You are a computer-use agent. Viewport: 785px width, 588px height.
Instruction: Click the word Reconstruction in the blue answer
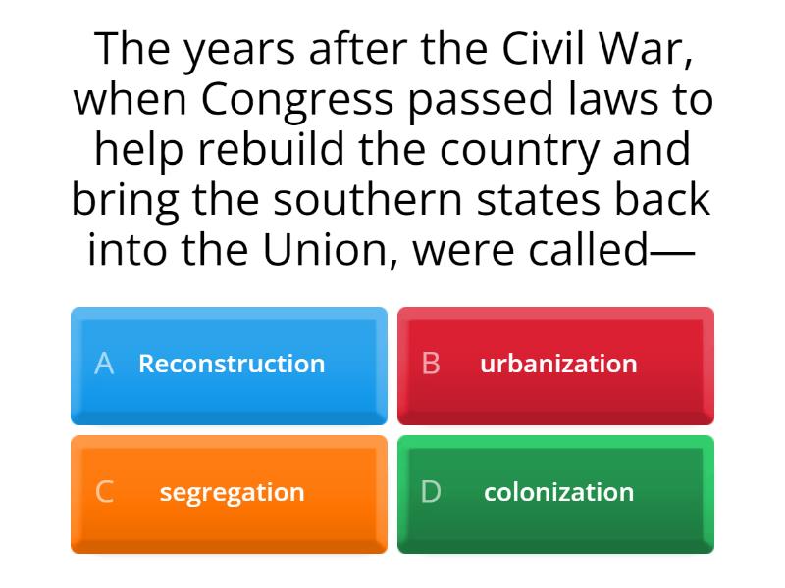(x=232, y=364)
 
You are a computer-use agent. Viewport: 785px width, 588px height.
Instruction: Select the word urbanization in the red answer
(x=558, y=364)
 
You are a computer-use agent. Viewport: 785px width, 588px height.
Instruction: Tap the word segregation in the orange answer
(x=232, y=492)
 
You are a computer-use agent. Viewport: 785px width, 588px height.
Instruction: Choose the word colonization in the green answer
(x=558, y=492)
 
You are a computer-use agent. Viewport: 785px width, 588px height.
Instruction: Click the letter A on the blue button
(x=104, y=364)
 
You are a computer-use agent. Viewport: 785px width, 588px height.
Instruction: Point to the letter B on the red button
(x=431, y=364)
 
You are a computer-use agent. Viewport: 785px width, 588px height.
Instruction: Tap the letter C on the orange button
(x=104, y=492)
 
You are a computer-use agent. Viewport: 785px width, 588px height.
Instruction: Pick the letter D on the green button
(x=431, y=492)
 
